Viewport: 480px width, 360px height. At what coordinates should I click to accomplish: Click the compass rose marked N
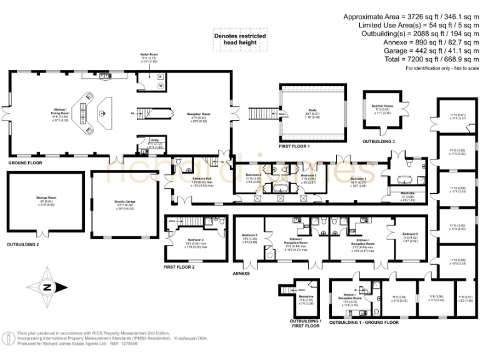(x=47, y=287)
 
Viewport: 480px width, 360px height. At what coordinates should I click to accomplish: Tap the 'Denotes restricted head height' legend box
(x=240, y=40)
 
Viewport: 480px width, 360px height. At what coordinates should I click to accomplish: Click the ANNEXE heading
(x=241, y=273)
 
